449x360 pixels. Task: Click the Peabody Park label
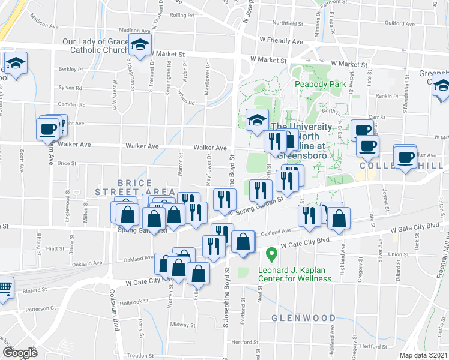320,85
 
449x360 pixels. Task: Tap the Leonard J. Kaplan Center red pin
271,255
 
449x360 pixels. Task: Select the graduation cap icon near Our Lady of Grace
140,45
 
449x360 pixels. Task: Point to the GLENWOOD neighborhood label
303,318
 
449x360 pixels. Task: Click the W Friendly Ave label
281,41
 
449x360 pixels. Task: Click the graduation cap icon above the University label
257,119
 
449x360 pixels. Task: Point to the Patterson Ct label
41,309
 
